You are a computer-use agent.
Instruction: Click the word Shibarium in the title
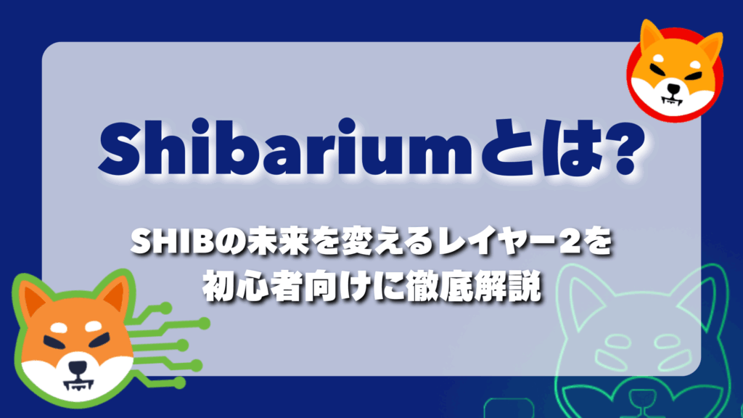pos(285,148)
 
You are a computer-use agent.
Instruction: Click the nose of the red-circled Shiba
pos(673,88)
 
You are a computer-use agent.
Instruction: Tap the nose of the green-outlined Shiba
pos(78,367)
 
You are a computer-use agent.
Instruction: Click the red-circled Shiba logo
pos(675,70)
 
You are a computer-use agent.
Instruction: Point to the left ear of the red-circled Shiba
pos(650,37)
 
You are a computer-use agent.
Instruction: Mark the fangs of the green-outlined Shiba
pos(78,383)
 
